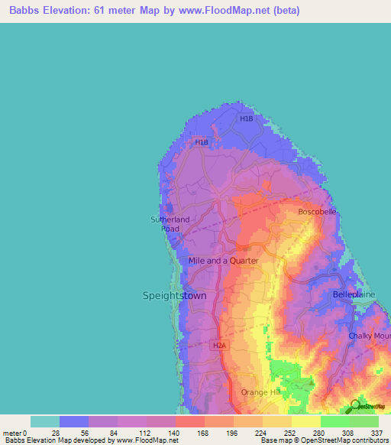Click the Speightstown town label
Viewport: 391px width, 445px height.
click(x=175, y=295)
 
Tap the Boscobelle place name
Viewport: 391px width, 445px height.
click(x=317, y=211)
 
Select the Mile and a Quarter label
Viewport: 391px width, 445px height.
click(x=223, y=261)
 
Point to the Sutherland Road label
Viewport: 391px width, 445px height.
click(x=170, y=223)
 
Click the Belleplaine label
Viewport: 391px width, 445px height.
click(x=352, y=294)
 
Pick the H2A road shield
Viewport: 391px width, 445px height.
click(x=219, y=345)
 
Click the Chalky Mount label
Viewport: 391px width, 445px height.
click(x=370, y=336)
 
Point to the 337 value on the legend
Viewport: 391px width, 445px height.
click(x=378, y=432)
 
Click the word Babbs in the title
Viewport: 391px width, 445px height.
click(x=22, y=11)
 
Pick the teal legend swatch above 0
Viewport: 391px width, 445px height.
click(x=45, y=421)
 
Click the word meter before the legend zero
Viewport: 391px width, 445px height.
click(x=13, y=432)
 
